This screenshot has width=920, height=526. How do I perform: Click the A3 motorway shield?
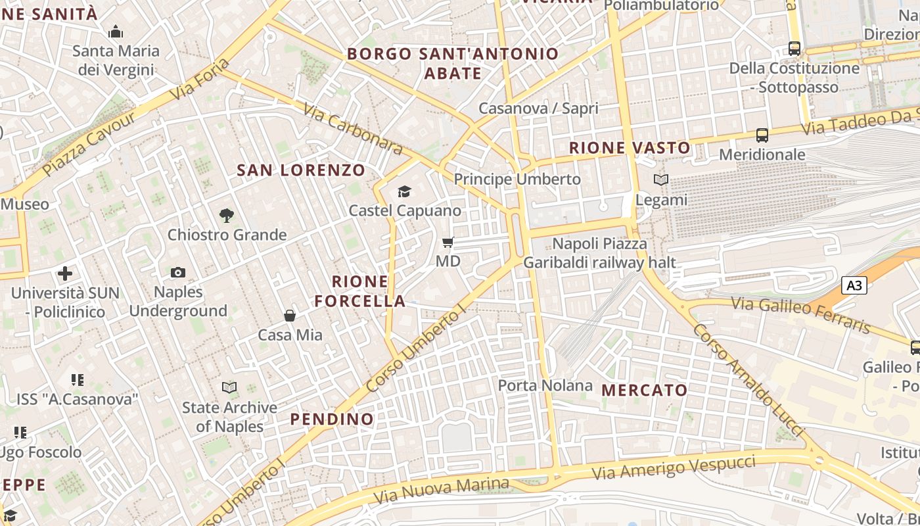click(854, 285)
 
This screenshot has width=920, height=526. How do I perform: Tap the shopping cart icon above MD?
click(448, 243)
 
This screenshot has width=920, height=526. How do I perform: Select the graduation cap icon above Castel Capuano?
click(404, 191)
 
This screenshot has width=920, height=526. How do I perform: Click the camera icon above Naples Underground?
click(177, 272)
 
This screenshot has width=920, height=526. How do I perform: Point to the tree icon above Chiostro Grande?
click(227, 215)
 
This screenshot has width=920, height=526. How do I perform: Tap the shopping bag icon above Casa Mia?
click(290, 316)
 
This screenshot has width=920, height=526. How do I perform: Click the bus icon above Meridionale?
click(762, 135)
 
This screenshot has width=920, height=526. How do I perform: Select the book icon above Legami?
click(660, 179)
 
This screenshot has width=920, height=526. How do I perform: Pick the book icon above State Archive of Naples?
click(229, 388)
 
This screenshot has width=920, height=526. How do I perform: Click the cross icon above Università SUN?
click(65, 273)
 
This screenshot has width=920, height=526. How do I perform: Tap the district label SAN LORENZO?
click(301, 170)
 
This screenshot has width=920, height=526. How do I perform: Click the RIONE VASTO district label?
click(630, 148)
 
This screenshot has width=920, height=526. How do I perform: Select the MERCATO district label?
click(644, 390)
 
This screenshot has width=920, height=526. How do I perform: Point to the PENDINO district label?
click(332, 419)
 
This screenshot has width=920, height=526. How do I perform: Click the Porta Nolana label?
click(545, 385)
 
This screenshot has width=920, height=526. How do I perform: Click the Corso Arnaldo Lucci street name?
click(748, 380)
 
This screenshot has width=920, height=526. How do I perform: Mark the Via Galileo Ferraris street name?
click(801, 314)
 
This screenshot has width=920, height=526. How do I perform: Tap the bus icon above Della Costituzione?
click(794, 49)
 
